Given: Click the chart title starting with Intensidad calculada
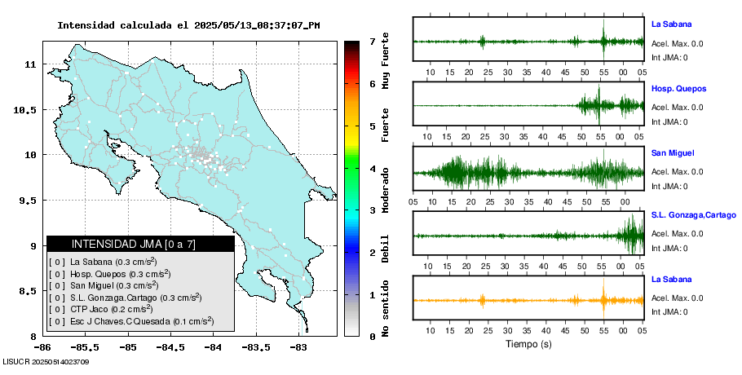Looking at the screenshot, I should [x=188, y=25].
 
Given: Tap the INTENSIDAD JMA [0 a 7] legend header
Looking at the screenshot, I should [x=140, y=244].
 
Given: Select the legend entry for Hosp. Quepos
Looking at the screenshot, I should [x=110, y=274].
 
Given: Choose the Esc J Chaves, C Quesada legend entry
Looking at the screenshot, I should [x=131, y=321].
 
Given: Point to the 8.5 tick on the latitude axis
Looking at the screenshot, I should [x=29, y=291].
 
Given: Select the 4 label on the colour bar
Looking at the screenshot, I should [x=371, y=168].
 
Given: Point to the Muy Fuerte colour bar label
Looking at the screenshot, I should [x=385, y=65].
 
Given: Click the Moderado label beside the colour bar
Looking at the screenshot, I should [x=385, y=188].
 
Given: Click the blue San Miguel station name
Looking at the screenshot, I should [x=672, y=153].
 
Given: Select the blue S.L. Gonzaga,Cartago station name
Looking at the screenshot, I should [x=694, y=214].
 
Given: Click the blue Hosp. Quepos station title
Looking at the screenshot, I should [x=678, y=88].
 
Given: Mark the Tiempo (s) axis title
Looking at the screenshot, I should [x=528, y=344].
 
